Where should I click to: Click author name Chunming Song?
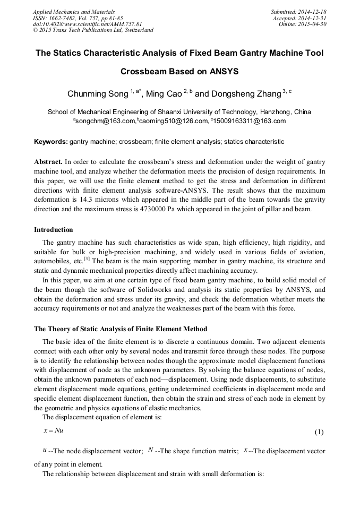point(97,94)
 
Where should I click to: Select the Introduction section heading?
point(54,230)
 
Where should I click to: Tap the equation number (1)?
point(319,432)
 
